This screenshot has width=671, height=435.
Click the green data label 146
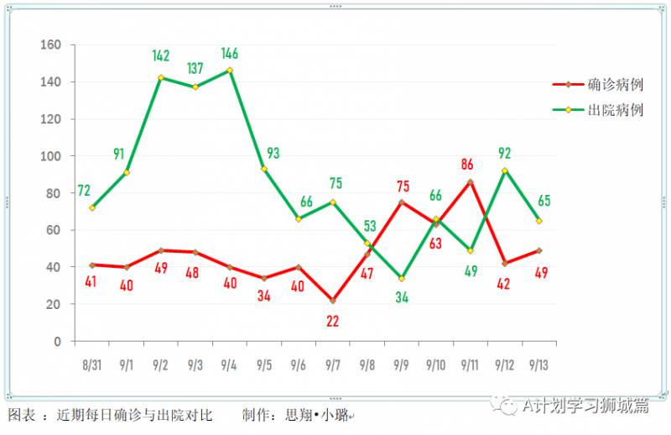(x=230, y=54)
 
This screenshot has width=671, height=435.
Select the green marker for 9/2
(x=161, y=77)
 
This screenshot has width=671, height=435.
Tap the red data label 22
(x=333, y=320)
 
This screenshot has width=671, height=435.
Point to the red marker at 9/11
(x=470, y=181)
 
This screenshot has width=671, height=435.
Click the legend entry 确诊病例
(x=616, y=85)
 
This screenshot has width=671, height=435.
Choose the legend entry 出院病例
(x=616, y=110)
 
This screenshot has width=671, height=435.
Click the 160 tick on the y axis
(x=51, y=45)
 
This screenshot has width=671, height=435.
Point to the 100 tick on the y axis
(x=51, y=156)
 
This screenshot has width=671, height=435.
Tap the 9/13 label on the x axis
(x=538, y=365)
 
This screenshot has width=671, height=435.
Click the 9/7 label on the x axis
(x=332, y=365)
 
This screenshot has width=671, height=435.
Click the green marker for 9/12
(x=504, y=170)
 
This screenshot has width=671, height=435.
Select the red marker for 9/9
(x=402, y=202)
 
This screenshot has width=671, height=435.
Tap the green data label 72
(x=84, y=191)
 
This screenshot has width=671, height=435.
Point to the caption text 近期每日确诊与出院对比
(x=134, y=415)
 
